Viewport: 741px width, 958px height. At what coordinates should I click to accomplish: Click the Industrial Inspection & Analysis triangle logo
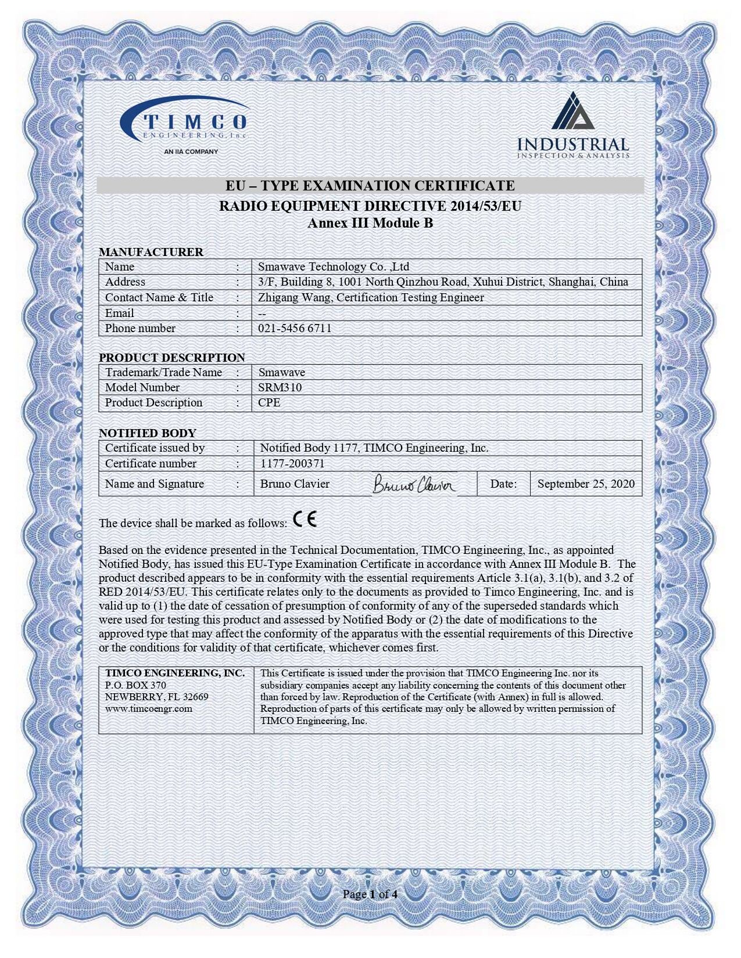(x=572, y=111)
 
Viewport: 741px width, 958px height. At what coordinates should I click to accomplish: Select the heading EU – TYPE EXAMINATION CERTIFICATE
(x=370, y=186)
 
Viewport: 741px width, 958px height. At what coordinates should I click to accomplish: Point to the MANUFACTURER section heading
(x=151, y=252)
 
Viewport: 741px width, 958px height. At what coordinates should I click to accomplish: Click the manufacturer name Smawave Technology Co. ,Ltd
(x=334, y=267)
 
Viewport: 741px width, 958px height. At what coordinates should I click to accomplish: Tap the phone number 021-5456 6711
(x=295, y=329)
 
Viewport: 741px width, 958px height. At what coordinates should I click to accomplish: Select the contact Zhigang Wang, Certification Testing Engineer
(x=371, y=298)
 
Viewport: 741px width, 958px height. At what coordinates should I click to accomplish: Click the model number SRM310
(x=280, y=388)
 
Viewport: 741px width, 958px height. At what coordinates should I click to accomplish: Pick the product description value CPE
(x=269, y=403)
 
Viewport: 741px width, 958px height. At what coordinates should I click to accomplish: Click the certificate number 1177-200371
(x=292, y=464)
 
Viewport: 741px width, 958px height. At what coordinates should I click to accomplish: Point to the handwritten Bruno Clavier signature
(x=414, y=484)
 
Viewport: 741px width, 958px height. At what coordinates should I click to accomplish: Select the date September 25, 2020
(x=586, y=484)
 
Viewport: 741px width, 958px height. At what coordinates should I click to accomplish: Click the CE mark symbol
(x=305, y=519)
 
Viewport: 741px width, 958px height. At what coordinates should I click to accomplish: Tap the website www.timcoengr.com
(x=149, y=709)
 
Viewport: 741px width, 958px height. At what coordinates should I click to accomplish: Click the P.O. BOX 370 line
(x=135, y=685)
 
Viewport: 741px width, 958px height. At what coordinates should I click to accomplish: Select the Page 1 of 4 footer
(x=370, y=894)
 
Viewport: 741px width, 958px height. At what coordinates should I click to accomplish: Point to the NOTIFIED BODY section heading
(x=148, y=433)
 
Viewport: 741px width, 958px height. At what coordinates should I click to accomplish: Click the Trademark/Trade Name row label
(x=163, y=373)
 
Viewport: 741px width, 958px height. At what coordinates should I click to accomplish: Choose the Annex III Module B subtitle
(x=370, y=224)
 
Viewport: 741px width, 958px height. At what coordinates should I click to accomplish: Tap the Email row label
(x=119, y=314)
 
